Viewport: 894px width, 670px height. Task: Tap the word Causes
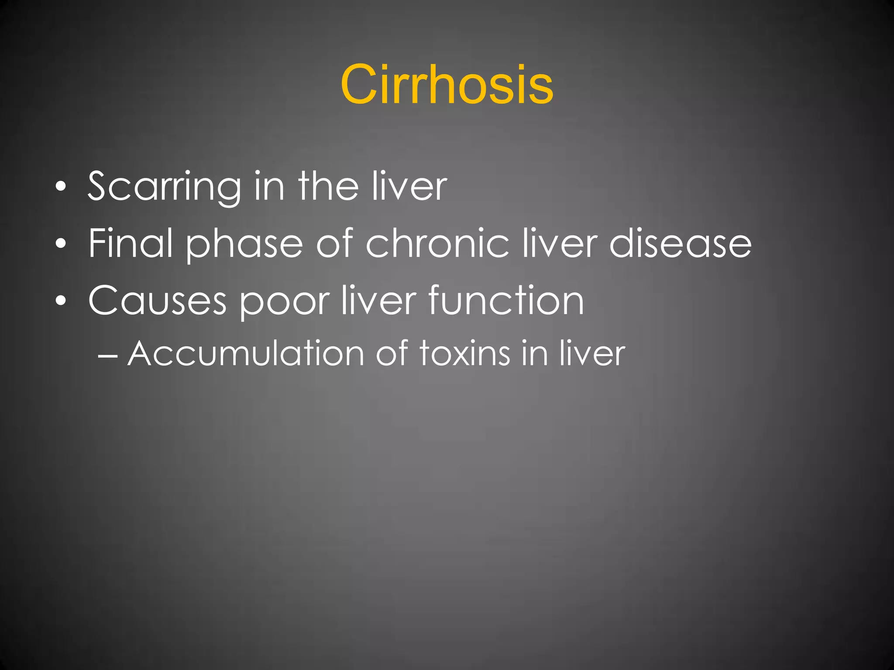157,301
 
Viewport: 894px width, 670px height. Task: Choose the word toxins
464,353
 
